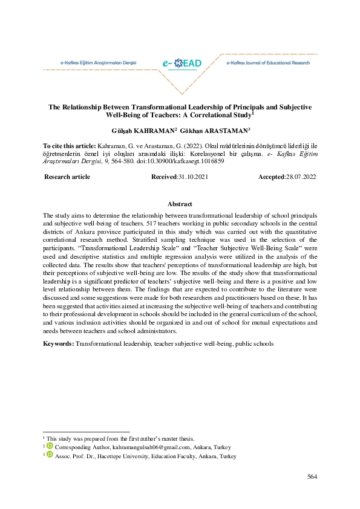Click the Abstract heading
coord(180,204)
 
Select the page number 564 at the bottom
coord(312,477)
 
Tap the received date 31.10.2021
coord(192,177)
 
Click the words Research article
coord(68,177)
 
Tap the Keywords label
coord(58,343)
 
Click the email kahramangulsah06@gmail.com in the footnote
coord(138,447)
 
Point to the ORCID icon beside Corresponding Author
coord(51,447)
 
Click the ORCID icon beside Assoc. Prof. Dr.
coord(51,456)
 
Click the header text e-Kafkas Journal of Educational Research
coord(267,63)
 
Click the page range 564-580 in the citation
coord(126,162)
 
